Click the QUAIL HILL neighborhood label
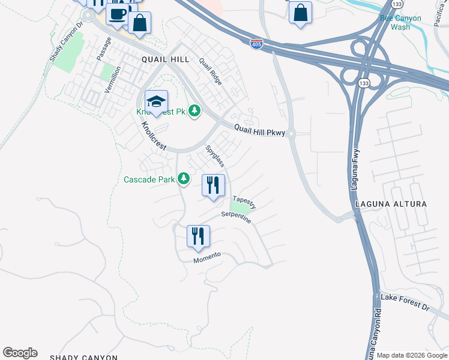(165, 59)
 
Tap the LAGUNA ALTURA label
(391, 204)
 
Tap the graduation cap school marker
(156, 102)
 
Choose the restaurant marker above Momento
(198, 236)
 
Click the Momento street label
(207, 257)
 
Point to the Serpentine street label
(236, 217)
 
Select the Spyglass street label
(215, 155)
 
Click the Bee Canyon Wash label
(395, 23)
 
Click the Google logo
(20, 353)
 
